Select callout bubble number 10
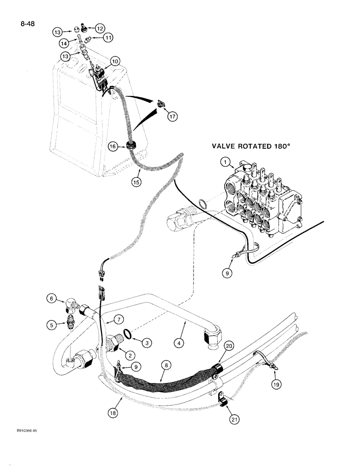[115, 61]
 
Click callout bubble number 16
[113, 146]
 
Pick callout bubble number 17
[173, 117]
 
